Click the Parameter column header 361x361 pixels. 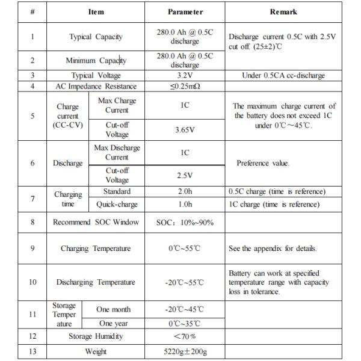click(185, 11)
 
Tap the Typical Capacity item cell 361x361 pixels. click(96, 37)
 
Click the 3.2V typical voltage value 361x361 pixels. click(185, 75)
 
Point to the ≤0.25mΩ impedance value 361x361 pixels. click(185, 86)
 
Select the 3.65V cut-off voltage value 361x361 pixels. click(185, 129)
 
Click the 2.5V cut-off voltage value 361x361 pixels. click(185, 175)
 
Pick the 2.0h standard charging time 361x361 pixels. click(185, 191)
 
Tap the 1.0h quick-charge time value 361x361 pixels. click(185, 204)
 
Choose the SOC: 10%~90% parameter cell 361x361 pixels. click(185, 222)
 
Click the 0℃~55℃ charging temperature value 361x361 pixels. click(185, 248)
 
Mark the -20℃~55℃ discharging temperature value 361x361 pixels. click(185, 282)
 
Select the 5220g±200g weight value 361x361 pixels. click(185, 351)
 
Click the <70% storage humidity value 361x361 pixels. click(185, 336)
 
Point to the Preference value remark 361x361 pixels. click(263, 163)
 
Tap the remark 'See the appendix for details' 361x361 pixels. click(273, 248)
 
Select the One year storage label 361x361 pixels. click(114, 323)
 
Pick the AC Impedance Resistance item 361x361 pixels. click(96, 86)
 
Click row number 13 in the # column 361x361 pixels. click(32, 351)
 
